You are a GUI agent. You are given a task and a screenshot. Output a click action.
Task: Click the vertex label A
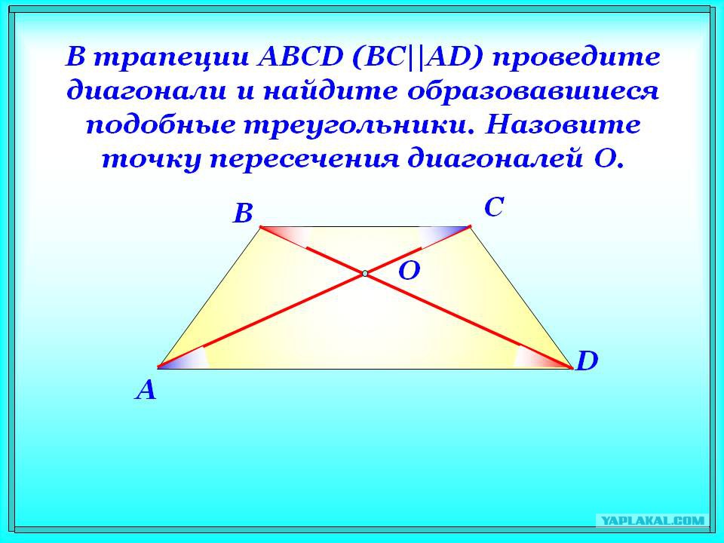(146, 390)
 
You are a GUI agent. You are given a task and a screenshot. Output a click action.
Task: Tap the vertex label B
(244, 213)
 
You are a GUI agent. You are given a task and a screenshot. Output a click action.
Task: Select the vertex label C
(493, 207)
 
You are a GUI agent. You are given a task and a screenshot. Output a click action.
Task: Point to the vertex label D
(587, 361)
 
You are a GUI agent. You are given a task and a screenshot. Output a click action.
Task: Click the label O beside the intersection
(409, 271)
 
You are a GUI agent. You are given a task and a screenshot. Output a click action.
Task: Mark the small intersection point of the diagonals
(365, 274)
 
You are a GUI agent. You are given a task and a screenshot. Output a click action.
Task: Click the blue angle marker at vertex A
(184, 358)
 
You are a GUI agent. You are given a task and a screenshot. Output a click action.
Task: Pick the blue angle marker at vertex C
(444, 235)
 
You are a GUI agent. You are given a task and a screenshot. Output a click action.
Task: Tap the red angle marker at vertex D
(543, 357)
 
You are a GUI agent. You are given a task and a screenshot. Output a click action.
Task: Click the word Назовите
(563, 125)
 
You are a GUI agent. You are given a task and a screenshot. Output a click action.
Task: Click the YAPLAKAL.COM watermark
(653, 521)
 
